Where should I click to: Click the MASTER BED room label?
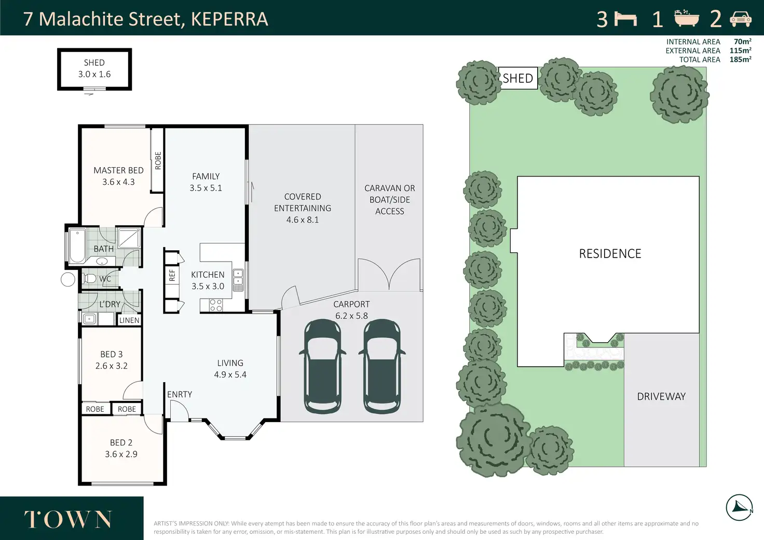118,170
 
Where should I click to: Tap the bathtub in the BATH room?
77,246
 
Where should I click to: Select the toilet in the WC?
89,279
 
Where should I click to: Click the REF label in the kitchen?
172,275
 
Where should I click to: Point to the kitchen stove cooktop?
216,305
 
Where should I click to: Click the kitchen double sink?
238,280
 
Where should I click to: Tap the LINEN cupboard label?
129,320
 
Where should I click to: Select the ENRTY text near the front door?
180,394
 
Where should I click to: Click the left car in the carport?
322,367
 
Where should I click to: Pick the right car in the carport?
381,367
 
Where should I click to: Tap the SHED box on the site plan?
518,78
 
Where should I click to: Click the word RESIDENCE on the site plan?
610,254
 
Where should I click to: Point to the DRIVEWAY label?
661,396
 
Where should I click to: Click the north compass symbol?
739,508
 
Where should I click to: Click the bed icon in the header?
625,19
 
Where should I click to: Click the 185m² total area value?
741,59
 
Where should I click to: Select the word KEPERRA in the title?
229,19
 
